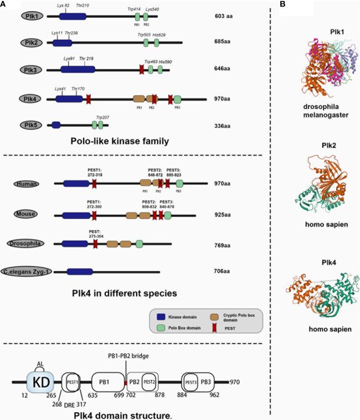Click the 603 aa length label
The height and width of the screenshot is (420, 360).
(x=223, y=17)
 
